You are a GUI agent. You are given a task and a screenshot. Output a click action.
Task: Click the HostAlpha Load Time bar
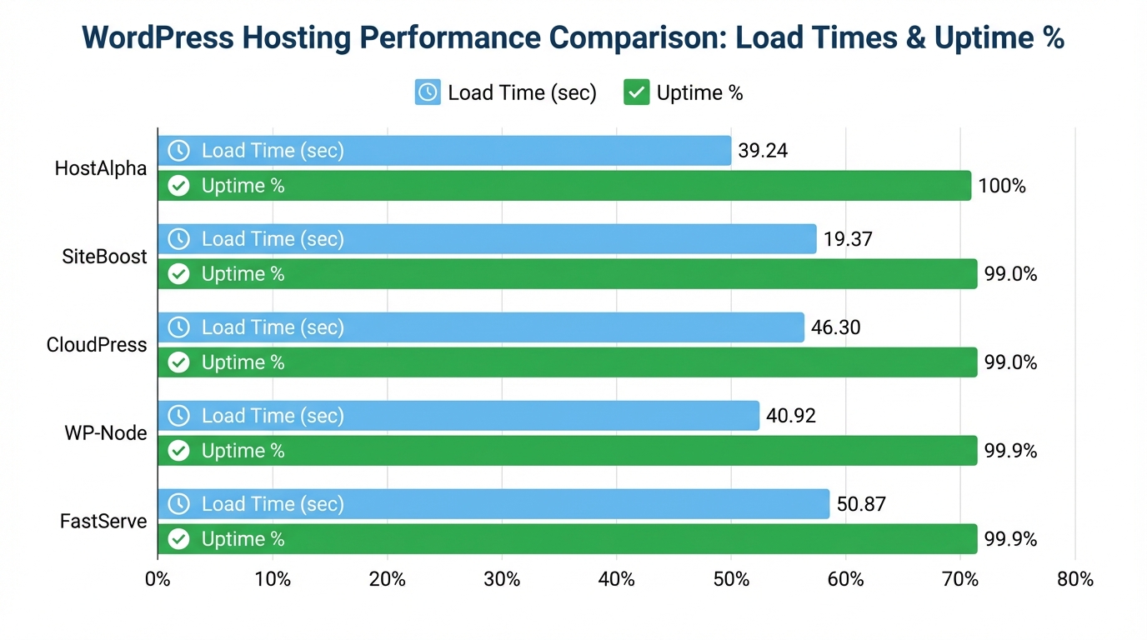point(444,151)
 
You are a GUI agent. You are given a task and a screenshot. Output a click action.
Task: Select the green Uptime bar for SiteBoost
point(567,274)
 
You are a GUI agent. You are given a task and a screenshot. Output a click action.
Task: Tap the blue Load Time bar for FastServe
point(493,504)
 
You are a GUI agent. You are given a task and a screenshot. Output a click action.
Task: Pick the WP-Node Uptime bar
point(567,451)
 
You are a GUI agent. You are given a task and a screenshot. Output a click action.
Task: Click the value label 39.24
point(763,151)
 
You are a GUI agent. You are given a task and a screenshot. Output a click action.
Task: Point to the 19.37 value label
point(848,239)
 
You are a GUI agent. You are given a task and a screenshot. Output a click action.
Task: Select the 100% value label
point(1001,186)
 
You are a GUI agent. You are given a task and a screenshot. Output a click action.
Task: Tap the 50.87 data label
point(861,504)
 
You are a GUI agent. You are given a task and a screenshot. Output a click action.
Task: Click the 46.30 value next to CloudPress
point(835,327)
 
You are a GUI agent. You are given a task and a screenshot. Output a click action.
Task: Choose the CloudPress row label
point(97,345)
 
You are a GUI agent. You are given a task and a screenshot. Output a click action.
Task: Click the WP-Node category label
point(106,433)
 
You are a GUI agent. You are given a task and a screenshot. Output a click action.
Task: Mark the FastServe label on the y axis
point(103,522)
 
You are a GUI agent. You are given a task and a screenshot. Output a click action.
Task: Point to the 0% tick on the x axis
point(158,579)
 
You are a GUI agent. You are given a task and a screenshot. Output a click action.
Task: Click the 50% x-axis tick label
point(731,579)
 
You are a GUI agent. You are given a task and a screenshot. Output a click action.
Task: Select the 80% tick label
point(1074,579)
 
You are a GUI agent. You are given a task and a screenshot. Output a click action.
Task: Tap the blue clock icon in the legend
point(428,92)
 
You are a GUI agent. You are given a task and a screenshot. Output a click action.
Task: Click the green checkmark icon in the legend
point(636,92)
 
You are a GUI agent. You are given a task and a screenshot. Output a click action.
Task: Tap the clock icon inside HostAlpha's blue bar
point(178,151)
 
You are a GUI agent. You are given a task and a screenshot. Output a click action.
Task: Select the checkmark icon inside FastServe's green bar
point(178,539)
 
